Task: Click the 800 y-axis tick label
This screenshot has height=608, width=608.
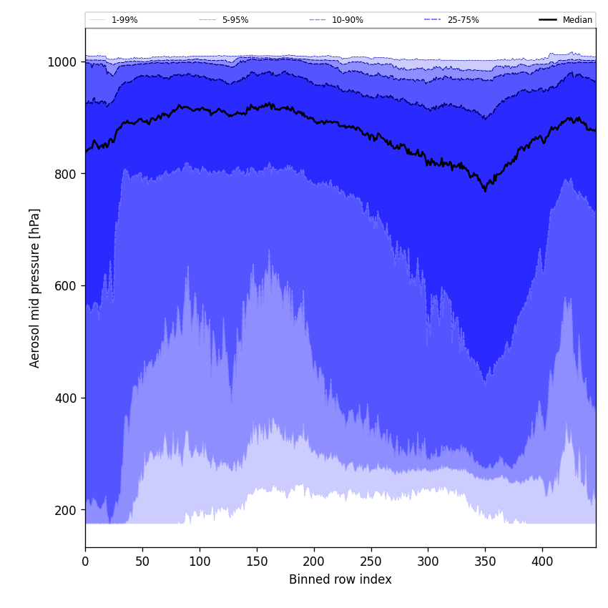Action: coord(65,174)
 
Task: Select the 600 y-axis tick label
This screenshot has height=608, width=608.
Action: coord(65,286)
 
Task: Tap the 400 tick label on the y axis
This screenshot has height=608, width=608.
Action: coord(65,398)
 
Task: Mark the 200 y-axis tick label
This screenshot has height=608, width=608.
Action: coord(65,510)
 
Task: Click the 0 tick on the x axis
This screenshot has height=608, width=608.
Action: coord(85,562)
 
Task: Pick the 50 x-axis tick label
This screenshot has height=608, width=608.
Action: coord(142,562)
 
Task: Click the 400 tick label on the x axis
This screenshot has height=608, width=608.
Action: coord(542,562)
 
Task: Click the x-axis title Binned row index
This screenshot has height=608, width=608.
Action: coord(340,579)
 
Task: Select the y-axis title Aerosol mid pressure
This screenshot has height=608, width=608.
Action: coord(35,288)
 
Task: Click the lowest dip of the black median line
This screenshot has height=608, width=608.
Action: coord(485,191)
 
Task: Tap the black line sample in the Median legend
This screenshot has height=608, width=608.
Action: coord(548,20)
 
